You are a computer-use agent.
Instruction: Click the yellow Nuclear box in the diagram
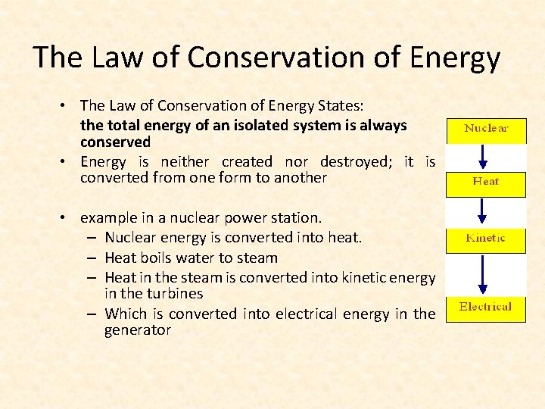pyautogui.click(x=486, y=130)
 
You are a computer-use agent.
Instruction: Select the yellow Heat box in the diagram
pyautogui.click(x=486, y=183)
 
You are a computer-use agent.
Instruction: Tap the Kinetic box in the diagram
pyautogui.click(x=486, y=239)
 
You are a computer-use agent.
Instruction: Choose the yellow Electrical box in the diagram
pyautogui.click(x=486, y=308)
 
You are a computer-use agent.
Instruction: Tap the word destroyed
pyautogui.click(x=356, y=161)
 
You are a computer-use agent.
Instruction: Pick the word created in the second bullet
pyautogui.click(x=247, y=161)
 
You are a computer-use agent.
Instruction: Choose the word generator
pyautogui.click(x=138, y=330)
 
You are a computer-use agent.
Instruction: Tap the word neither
pyautogui.click(x=181, y=161)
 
